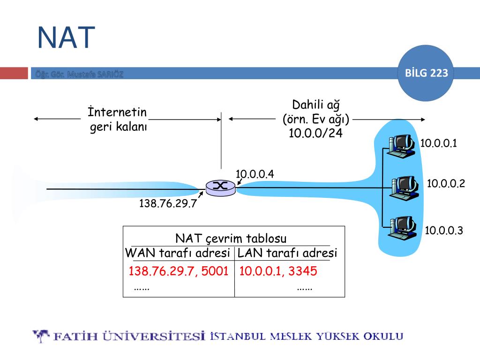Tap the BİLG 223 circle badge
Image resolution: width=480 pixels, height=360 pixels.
tap(426, 74)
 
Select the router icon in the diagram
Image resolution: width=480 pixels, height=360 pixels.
tap(220, 186)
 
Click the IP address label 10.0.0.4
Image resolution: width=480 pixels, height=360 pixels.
tap(255, 174)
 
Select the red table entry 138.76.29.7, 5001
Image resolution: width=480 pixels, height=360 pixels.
tap(178, 271)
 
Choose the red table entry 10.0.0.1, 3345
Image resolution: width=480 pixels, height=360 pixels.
tap(278, 271)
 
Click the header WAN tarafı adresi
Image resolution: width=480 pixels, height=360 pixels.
tap(178, 254)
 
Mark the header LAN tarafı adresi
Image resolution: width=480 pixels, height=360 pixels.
tap(287, 254)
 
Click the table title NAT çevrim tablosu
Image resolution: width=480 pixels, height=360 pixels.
tap(231, 238)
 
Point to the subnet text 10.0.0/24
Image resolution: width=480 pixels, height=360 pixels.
tap(315, 133)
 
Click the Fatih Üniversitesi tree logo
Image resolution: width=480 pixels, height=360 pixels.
tap(41, 336)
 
